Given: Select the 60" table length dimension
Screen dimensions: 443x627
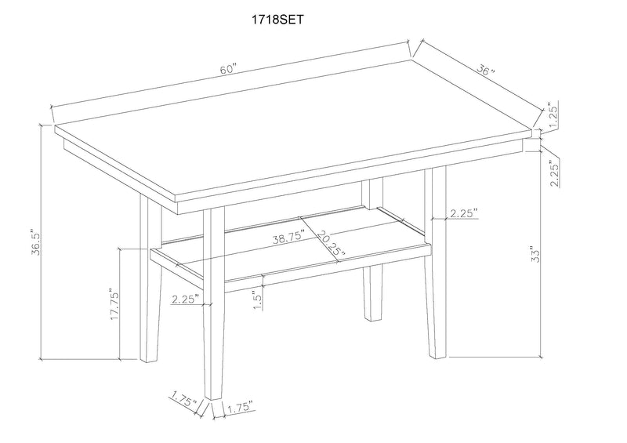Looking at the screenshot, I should [228, 69].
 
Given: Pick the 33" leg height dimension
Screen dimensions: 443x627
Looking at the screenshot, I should [536, 253].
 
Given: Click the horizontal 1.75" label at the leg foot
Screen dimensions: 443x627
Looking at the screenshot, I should [238, 409].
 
